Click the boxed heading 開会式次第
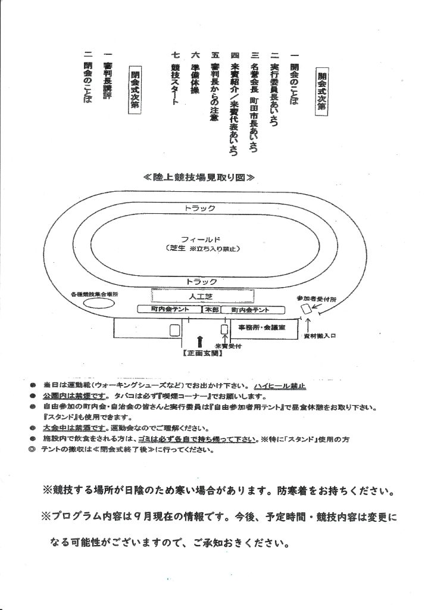[322, 91]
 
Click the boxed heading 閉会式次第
[135, 88]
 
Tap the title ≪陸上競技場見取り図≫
[199, 177]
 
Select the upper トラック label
[199, 208]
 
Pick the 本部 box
[211, 310]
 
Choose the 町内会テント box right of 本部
[250, 310]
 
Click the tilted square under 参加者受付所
[306, 309]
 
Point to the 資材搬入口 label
[324, 336]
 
